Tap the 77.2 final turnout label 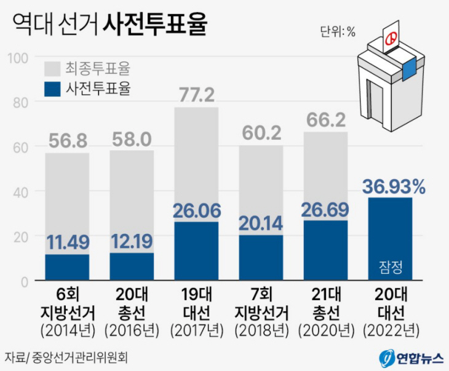coord(196,95)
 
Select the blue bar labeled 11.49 coord(67,268)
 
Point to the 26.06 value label coord(196,211)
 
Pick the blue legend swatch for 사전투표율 coord(52,90)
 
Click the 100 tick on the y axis coord(18,58)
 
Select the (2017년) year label coord(196,330)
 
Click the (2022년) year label coord(390,330)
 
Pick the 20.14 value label coord(261,223)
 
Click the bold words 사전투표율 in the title coord(155,25)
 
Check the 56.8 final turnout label coord(67,141)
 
